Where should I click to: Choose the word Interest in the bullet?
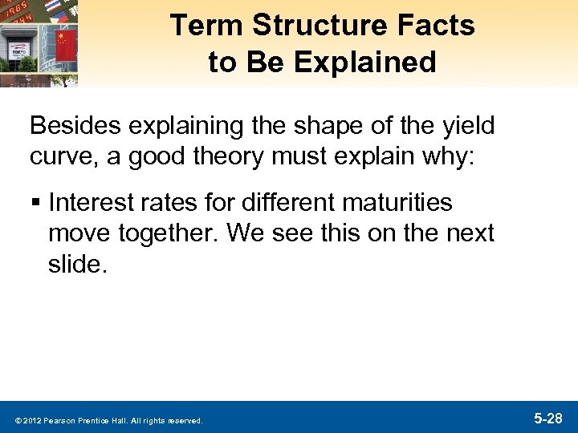(92, 204)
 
